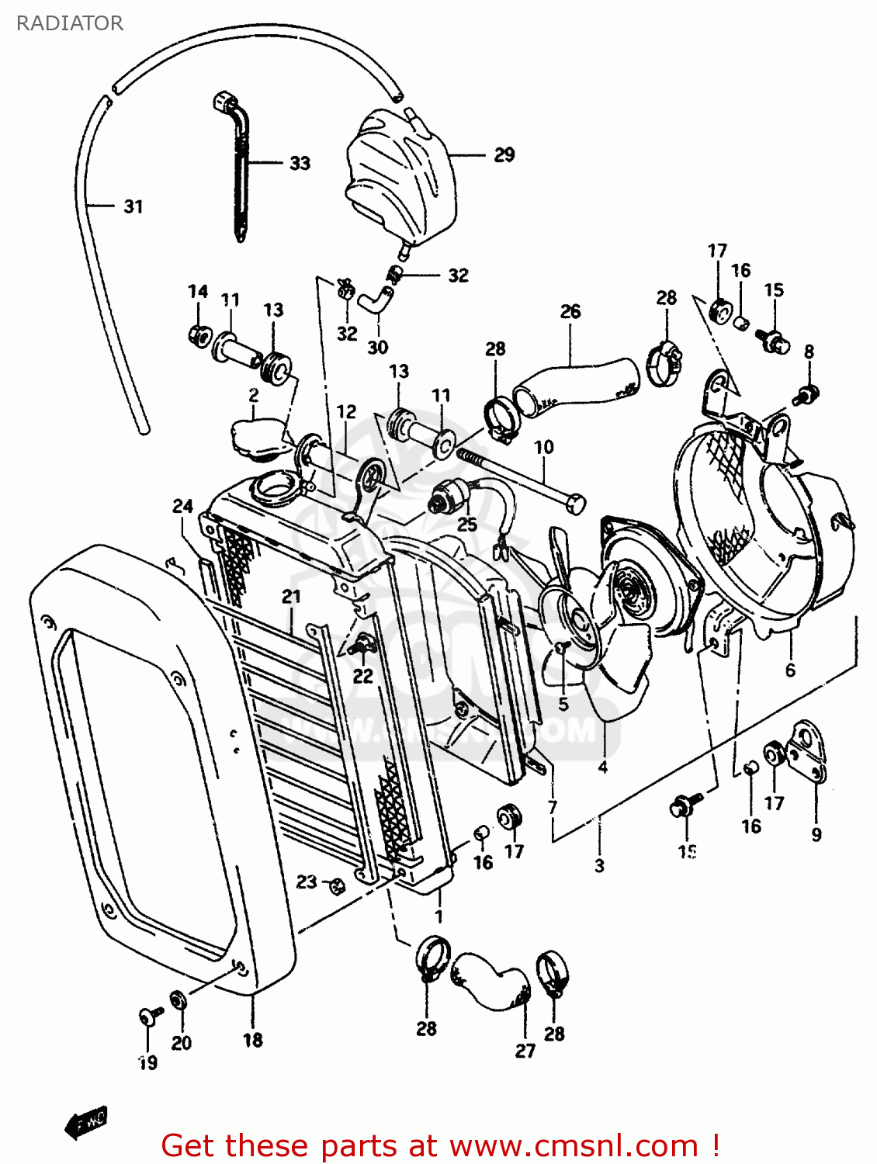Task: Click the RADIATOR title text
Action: (70, 23)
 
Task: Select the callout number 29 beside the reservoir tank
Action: (504, 155)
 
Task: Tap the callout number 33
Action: (300, 163)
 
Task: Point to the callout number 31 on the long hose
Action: (133, 206)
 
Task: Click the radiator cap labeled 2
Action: (254, 437)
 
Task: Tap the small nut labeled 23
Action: (337, 885)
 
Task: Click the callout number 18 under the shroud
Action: (253, 1040)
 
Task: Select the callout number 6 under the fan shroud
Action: (790, 670)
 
